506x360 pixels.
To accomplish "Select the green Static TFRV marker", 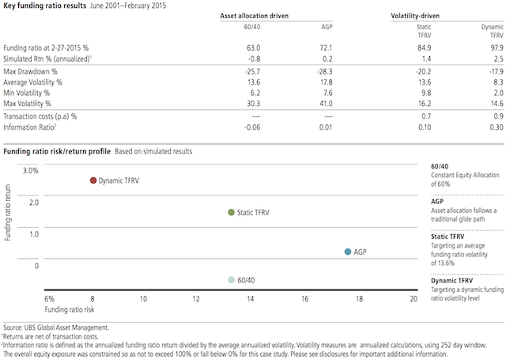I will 231,212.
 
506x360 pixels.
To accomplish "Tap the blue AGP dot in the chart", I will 349,252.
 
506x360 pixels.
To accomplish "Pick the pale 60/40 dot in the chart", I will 231,279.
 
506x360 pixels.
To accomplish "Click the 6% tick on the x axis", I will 49,300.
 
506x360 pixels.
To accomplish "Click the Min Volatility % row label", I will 32,92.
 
